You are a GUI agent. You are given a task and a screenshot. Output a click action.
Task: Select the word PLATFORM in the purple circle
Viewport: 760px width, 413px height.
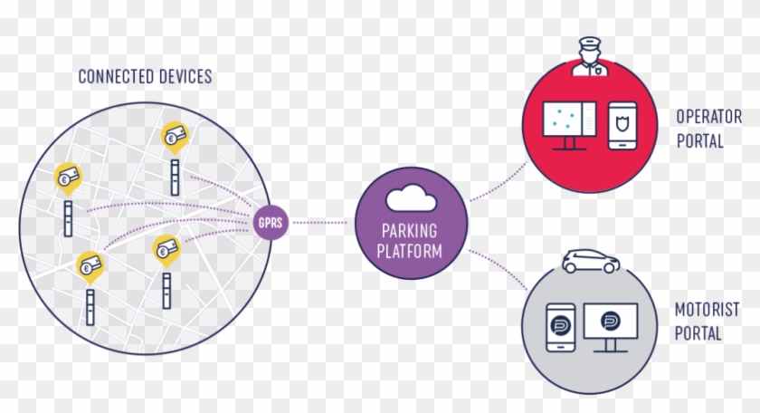click(410, 250)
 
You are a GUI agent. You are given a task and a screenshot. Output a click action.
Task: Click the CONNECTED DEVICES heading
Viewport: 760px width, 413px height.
click(145, 76)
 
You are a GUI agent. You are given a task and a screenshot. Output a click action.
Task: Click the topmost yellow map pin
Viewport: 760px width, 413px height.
click(175, 136)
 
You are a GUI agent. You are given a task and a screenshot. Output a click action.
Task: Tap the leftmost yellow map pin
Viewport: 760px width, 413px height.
click(67, 178)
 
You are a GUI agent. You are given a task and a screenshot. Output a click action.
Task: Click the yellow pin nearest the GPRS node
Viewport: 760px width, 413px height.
click(166, 248)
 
